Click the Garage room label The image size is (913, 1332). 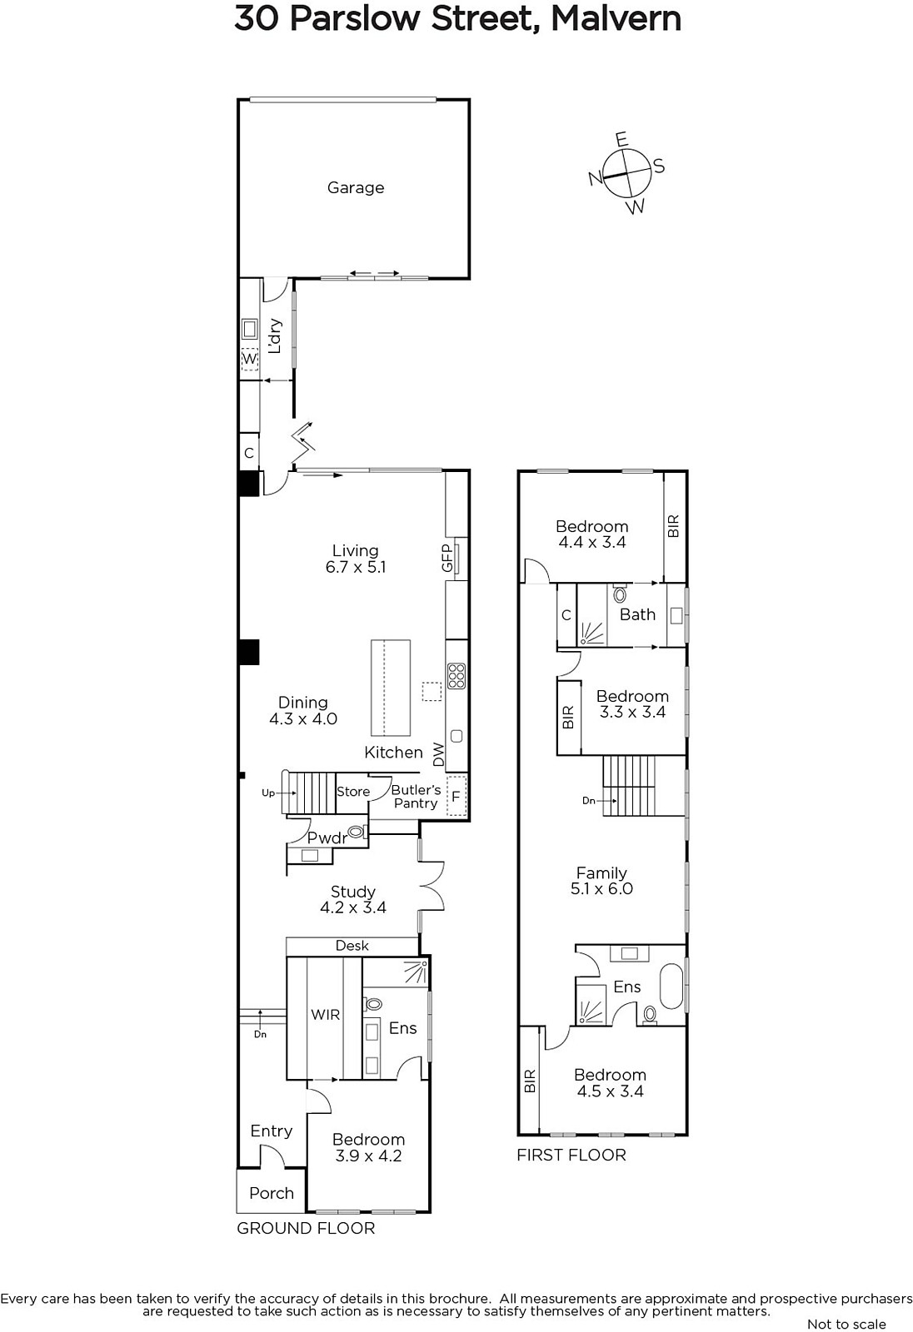pyautogui.click(x=356, y=188)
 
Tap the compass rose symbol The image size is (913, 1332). pyautogui.click(x=626, y=173)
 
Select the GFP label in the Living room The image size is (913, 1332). pyautogui.click(x=447, y=559)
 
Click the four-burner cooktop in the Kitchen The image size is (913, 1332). pyautogui.click(x=456, y=676)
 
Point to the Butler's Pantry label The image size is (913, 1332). pyautogui.click(x=416, y=796)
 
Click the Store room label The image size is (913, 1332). pyautogui.click(x=353, y=792)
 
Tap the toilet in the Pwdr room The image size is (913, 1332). pyautogui.click(x=357, y=832)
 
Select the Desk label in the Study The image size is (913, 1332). pyautogui.click(x=352, y=946)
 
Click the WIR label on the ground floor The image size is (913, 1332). pyautogui.click(x=325, y=1015)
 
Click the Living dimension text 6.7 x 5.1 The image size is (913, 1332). pyautogui.click(x=356, y=567)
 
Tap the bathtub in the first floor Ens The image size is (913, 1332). pyautogui.click(x=671, y=986)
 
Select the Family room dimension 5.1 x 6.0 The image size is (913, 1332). pyautogui.click(x=601, y=888)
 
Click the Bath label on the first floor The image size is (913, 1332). pyautogui.click(x=636, y=614)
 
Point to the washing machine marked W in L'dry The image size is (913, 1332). pyautogui.click(x=249, y=359)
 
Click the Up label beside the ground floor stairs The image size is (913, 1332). pyautogui.click(x=268, y=793)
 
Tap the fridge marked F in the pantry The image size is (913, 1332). pyautogui.click(x=456, y=796)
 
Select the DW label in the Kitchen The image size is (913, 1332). pyautogui.click(x=439, y=754)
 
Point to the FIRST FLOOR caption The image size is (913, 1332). pyautogui.click(x=571, y=1155)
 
